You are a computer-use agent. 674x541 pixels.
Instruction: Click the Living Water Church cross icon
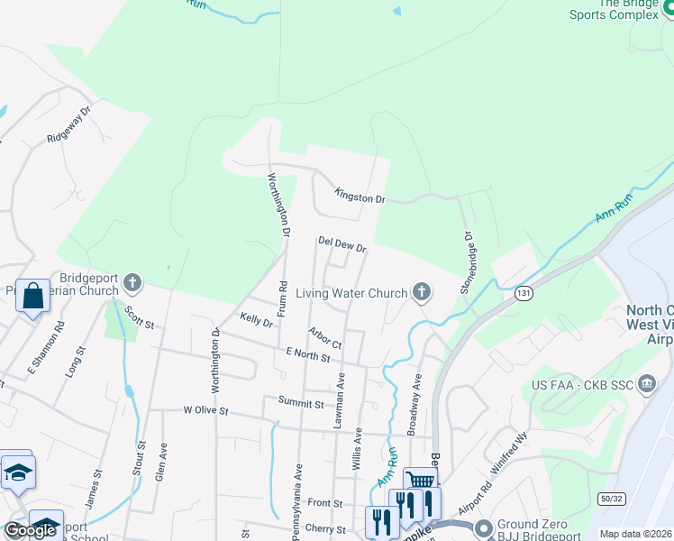click(x=420, y=290)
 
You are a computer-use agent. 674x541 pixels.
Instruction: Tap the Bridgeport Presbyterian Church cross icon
click(x=132, y=283)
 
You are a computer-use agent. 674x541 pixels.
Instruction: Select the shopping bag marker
click(x=32, y=297)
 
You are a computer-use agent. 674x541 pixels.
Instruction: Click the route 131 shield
click(x=524, y=293)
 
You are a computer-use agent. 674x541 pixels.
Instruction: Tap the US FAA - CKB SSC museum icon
click(x=646, y=385)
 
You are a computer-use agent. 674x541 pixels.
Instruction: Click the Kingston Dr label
click(x=360, y=195)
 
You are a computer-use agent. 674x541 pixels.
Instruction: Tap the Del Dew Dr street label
click(x=342, y=243)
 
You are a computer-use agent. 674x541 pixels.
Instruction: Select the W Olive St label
click(x=207, y=410)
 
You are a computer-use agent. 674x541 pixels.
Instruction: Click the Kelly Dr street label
click(x=257, y=319)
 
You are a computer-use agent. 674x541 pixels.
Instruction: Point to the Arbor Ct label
click(x=324, y=338)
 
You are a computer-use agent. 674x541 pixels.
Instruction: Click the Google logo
click(x=30, y=530)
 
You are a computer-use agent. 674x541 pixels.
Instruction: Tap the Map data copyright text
click(x=634, y=534)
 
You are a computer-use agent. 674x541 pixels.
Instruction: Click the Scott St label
click(x=140, y=317)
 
